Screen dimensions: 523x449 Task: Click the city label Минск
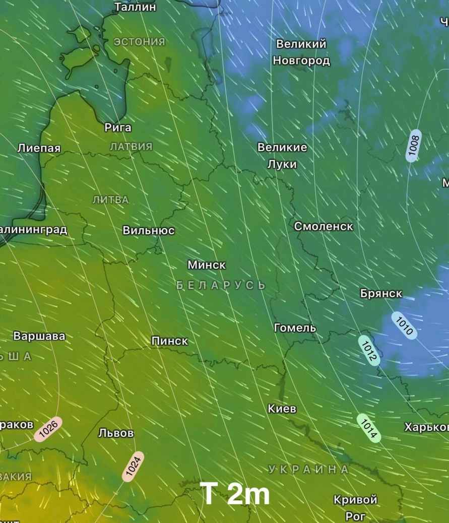207,265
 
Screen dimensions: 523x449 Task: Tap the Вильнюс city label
149,231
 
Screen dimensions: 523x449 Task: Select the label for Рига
118,127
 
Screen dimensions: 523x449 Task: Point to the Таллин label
135,7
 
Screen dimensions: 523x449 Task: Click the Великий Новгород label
301,52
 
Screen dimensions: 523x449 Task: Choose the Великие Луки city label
282,156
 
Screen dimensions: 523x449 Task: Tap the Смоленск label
324,227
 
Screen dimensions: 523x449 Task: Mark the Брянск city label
381,293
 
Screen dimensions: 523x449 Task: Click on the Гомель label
295,328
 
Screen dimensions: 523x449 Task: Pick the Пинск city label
170,341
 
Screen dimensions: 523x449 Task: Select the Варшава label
39,336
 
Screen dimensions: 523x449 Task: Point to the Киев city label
282,409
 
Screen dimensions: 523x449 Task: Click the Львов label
116,433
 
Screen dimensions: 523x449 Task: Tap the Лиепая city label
39,148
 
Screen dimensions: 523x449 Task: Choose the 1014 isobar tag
369,428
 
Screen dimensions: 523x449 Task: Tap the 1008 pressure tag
414,146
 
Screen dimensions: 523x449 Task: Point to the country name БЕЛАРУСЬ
221,285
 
